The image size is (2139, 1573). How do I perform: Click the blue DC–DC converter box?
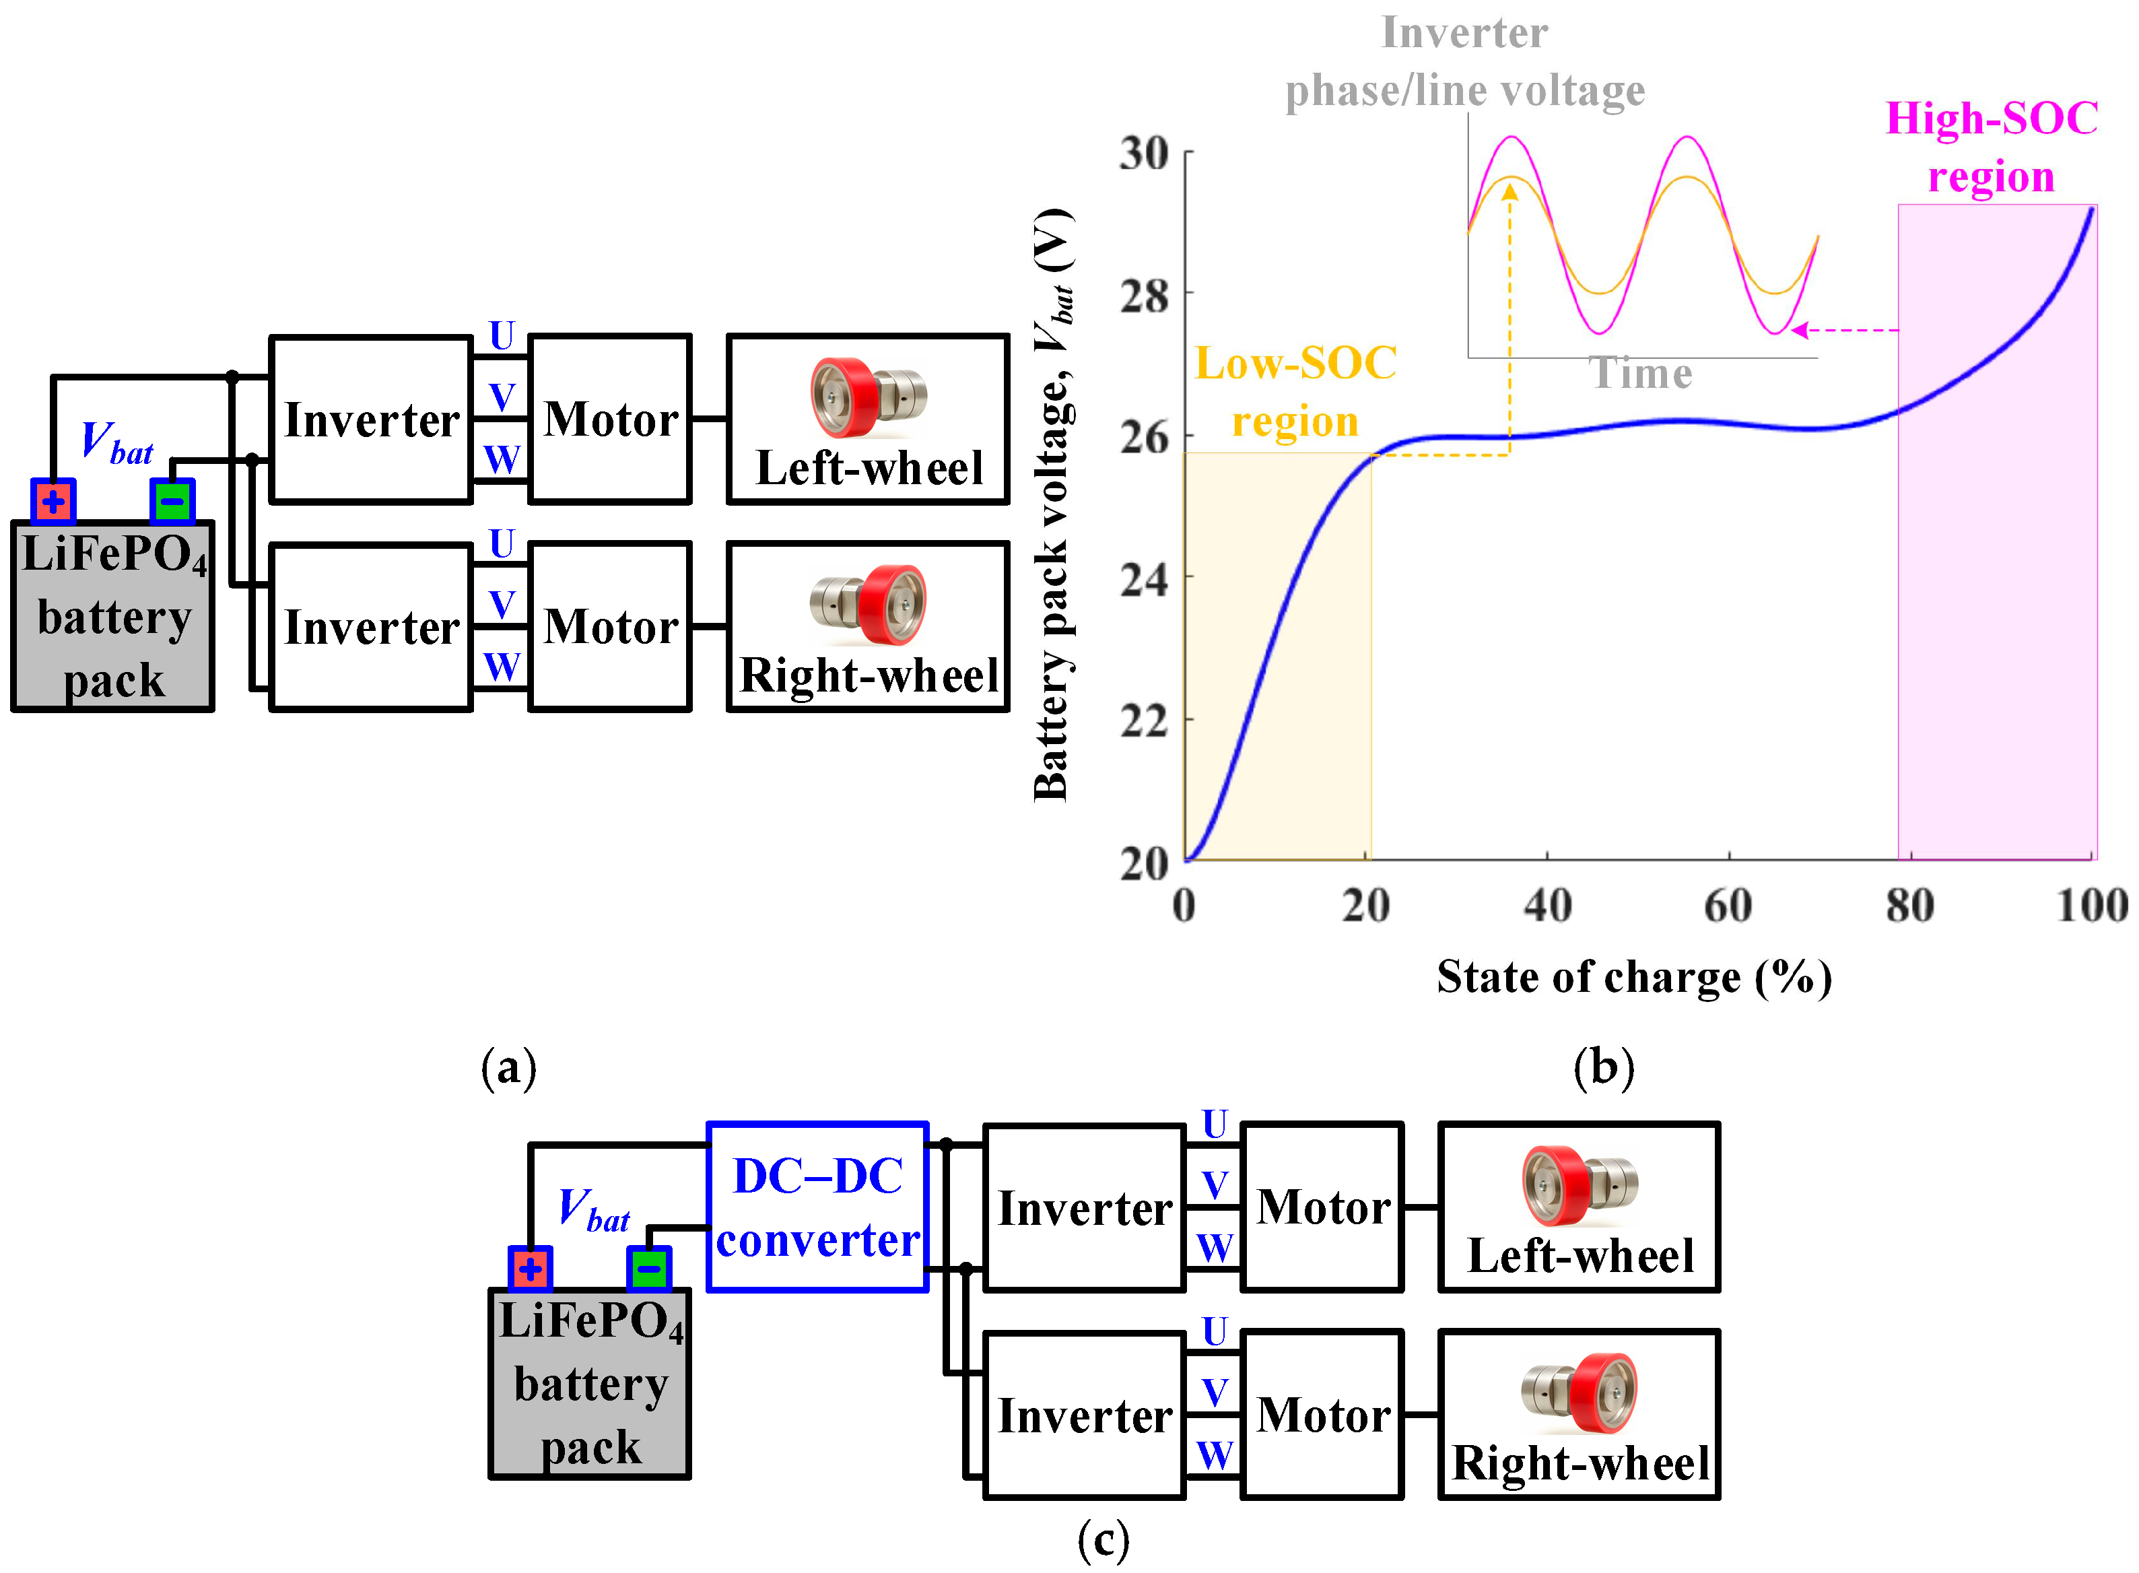817,1207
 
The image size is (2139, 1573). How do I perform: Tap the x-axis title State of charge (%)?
1633,977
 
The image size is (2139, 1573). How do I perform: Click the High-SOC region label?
1992,147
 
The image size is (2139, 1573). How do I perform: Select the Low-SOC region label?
1295,391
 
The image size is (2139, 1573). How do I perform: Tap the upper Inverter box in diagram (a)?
371,419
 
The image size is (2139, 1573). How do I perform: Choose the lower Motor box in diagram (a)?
610,626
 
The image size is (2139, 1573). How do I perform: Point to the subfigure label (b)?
1603,1067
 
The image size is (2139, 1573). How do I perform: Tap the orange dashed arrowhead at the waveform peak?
1509,191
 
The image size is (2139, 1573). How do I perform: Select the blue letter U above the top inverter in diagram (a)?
502,335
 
